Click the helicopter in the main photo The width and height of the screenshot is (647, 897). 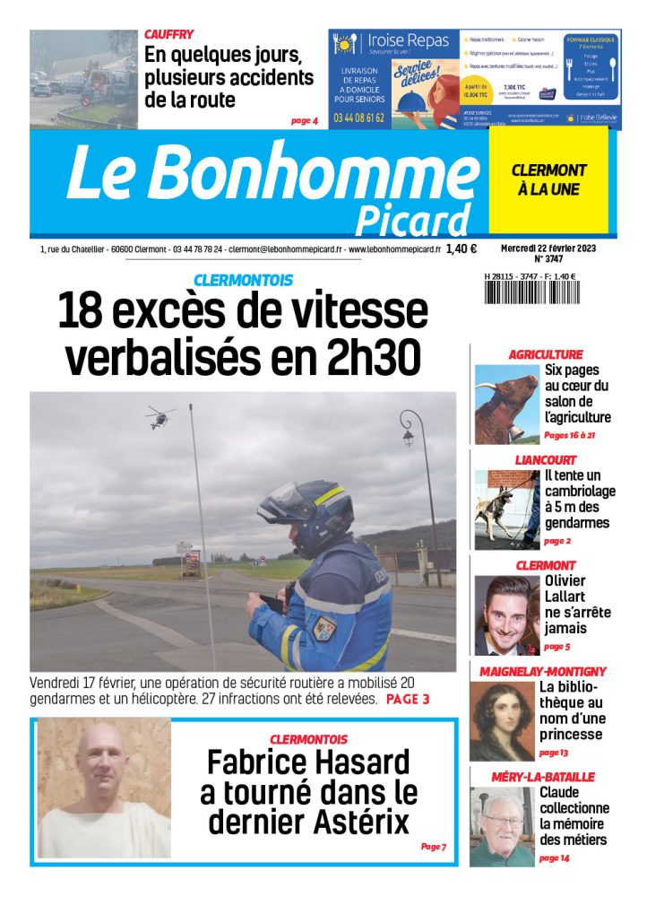(160, 414)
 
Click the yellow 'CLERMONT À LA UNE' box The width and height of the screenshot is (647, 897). (548, 179)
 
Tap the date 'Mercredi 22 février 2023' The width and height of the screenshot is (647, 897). (548, 248)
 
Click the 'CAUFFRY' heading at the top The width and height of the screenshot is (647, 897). (168, 34)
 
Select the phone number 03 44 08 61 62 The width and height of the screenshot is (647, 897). (358, 118)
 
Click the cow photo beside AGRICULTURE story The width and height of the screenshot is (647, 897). (506, 404)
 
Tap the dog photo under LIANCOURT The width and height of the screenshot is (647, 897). (506, 509)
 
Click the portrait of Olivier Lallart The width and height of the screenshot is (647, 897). (506, 615)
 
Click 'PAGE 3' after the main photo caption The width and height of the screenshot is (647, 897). (408, 699)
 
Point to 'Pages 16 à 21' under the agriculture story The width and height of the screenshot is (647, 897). (569, 435)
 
